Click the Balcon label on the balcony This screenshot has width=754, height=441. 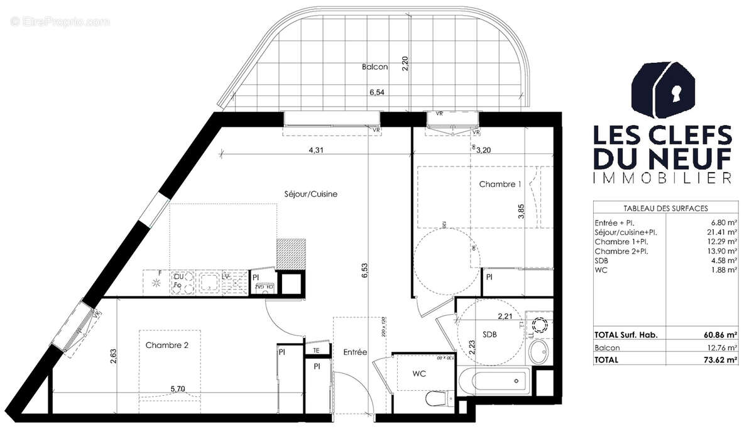(x=374, y=67)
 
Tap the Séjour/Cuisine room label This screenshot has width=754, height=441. (x=311, y=194)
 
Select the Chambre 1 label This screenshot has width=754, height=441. (x=500, y=185)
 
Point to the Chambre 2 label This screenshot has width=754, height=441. (x=167, y=345)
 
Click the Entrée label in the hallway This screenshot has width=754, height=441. (x=355, y=352)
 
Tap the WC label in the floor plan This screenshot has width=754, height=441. (x=419, y=374)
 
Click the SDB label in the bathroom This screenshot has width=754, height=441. (x=490, y=335)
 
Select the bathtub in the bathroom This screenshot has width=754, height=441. (x=494, y=379)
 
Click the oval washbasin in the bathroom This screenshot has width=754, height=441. (x=538, y=354)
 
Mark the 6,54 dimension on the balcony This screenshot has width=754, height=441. (x=377, y=92)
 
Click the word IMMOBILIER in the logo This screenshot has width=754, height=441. (x=663, y=178)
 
